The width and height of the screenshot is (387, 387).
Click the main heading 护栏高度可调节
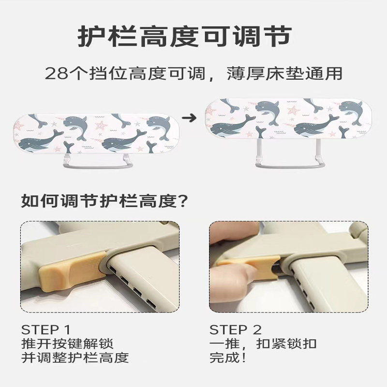[x=185, y=37]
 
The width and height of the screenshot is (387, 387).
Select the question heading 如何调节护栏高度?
[x=104, y=199]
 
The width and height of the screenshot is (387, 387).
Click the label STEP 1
[x=46, y=330]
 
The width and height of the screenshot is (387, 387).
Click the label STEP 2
[x=236, y=330]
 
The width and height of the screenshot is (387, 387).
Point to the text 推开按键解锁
[x=67, y=344]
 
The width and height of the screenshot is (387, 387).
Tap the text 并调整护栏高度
[x=74, y=358]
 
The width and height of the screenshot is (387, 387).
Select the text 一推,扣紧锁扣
[x=263, y=344]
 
